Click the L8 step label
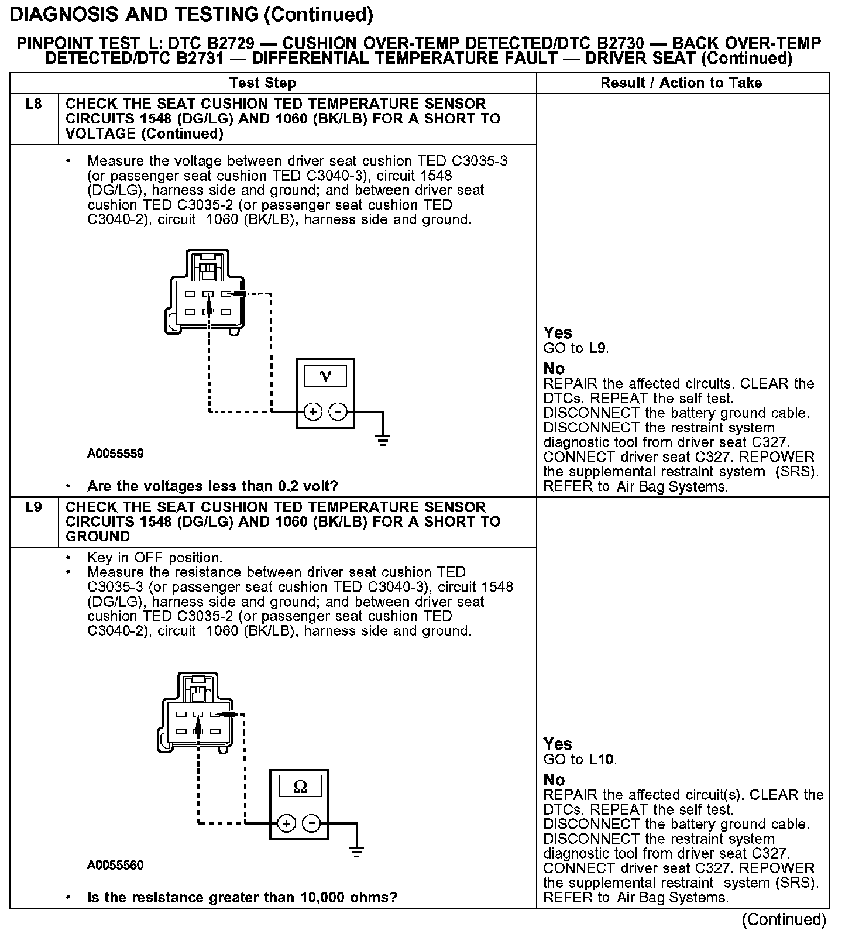point(34,105)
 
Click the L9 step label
point(34,507)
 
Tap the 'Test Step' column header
point(263,83)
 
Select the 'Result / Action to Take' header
point(681,83)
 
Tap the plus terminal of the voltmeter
point(314,412)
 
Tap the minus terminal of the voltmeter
point(338,412)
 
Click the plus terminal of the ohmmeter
point(287,823)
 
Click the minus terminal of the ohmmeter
point(312,823)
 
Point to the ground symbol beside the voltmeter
point(383,440)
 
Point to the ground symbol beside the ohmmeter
point(356,851)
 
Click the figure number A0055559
point(115,454)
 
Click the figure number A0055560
point(115,865)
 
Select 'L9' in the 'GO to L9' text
point(597,349)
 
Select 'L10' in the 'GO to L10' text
point(602,760)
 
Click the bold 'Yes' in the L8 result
point(557,333)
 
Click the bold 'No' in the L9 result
point(554,780)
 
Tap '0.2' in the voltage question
point(280,486)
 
